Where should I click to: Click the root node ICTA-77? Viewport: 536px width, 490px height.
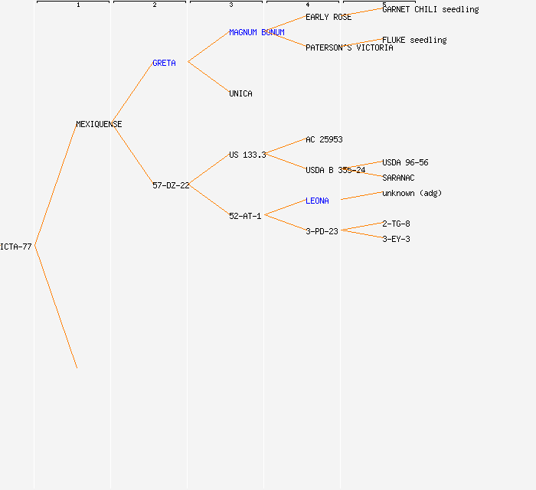point(16,247)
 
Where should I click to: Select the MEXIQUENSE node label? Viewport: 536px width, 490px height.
point(99,124)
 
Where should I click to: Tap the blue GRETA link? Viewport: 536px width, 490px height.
point(164,63)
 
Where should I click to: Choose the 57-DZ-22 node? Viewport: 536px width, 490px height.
point(171,185)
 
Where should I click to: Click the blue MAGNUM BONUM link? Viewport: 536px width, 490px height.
point(257,32)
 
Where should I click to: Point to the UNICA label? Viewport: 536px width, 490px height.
point(240,93)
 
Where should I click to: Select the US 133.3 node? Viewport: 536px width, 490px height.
point(247,155)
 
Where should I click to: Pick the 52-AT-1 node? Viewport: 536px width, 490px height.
point(245,216)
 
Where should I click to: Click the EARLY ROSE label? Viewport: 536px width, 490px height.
point(328,17)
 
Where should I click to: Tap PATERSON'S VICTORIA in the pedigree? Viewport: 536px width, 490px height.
point(349,47)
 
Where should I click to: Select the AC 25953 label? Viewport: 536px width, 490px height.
point(324,139)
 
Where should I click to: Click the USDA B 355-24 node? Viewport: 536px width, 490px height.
point(335,170)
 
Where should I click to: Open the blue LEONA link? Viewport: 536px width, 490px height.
point(317,201)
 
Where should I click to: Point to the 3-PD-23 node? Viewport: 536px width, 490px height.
point(322,231)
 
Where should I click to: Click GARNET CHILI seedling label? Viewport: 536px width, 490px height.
point(430,9)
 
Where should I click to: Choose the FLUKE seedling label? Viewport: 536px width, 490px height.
point(414,40)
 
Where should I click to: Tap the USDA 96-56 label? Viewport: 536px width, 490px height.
point(405,162)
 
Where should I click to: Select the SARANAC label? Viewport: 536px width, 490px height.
point(398,178)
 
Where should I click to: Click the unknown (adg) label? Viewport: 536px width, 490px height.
point(412,193)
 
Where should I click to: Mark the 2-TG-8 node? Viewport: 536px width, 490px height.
point(396,224)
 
